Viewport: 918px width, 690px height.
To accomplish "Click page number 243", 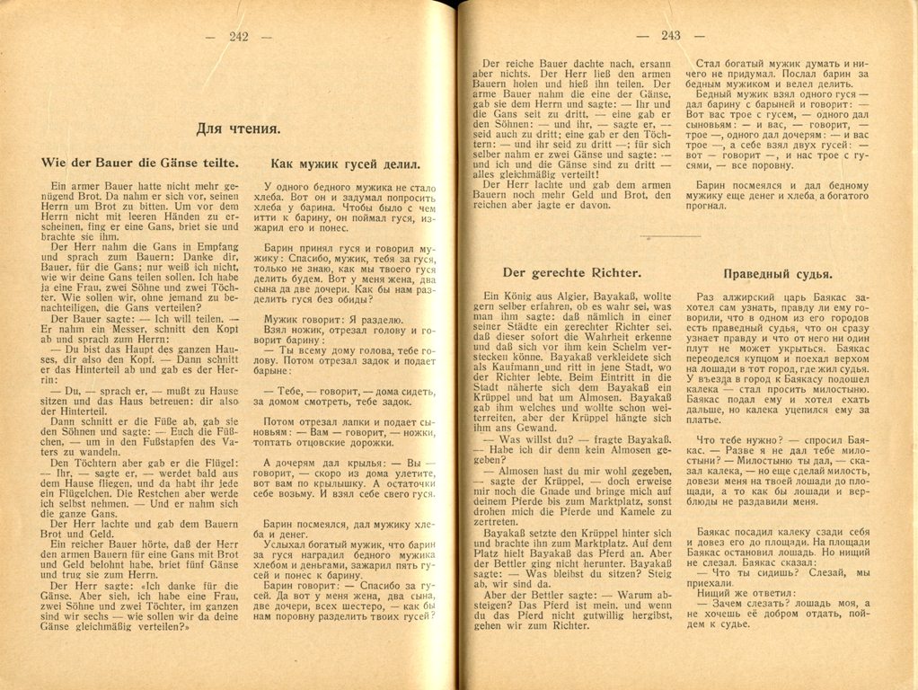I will click(670, 36).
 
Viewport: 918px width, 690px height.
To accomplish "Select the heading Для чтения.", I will click(237, 128).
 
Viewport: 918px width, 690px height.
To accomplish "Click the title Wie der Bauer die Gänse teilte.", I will click(140, 163).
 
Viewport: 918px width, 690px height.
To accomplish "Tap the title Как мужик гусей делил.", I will click(345, 164).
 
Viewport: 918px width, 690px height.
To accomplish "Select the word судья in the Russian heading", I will click(811, 273).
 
